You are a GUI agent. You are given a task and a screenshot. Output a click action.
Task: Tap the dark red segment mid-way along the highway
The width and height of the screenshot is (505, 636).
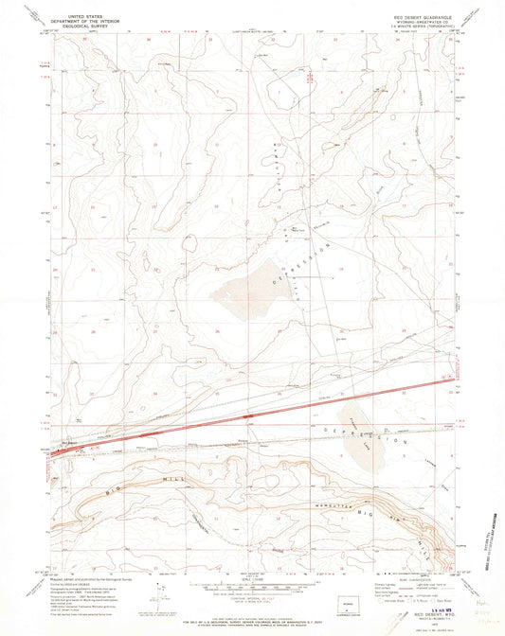(248, 415)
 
